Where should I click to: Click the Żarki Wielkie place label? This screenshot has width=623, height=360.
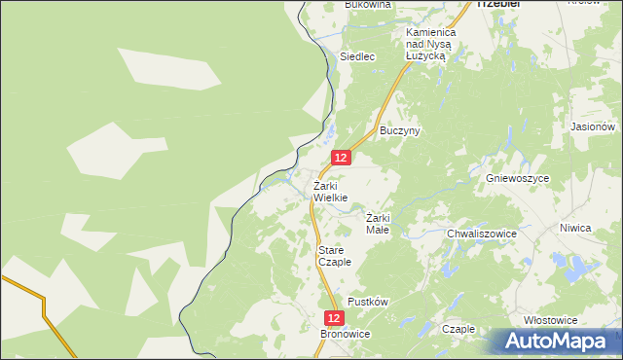pyautogui.click(x=330, y=192)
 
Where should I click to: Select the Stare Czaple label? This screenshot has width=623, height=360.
pyautogui.click(x=335, y=256)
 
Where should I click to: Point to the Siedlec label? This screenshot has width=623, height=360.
pyautogui.click(x=357, y=56)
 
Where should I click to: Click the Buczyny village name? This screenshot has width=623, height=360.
pyautogui.click(x=399, y=130)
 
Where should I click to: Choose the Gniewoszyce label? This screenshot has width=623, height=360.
pyautogui.click(x=518, y=179)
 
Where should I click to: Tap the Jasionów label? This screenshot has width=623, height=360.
pyautogui.click(x=593, y=126)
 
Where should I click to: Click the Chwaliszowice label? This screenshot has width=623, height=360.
pyautogui.click(x=481, y=234)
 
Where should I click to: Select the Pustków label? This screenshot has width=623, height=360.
pyautogui.click(x=368, y=302)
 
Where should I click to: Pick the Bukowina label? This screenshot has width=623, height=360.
pyautogui.click(x=368, y=5)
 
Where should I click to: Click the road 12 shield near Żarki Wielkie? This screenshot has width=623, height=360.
pyautogui.click(x=340, y=157)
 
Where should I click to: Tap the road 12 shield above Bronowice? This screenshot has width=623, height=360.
pyautogui.click(x=334, y=318)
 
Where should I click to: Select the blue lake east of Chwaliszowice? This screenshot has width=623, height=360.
pyautogui.click(x=580, y=266)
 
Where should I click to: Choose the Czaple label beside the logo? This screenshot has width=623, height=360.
pyautogui.click(x=458, y=329)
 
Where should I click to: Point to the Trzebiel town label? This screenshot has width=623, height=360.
pyautogui.click(x=498, y=4)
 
